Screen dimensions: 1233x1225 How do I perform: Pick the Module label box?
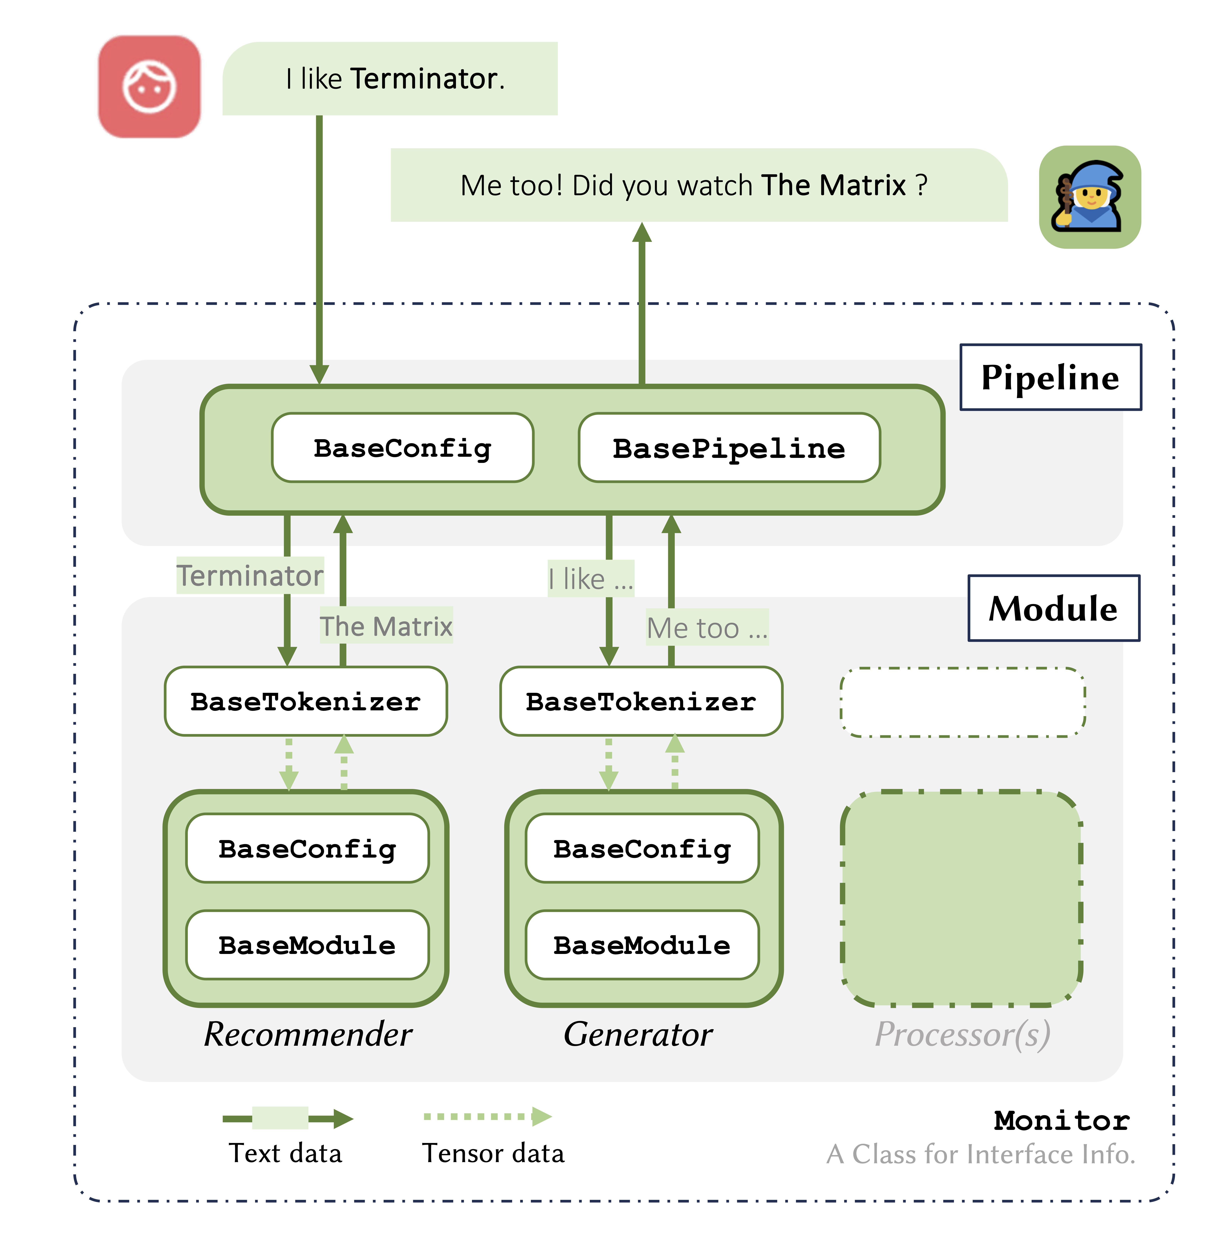coord(1053,608)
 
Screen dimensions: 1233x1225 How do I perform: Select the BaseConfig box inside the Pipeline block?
coord(402,448)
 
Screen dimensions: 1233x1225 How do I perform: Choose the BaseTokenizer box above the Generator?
coord(641,701)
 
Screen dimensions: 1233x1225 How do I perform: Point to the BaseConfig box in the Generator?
coord(642,849)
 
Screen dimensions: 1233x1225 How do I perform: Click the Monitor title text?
coord(1062,1121)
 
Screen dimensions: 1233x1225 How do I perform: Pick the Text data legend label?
coord(285,1153)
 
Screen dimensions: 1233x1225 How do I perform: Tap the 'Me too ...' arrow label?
coord(707,628)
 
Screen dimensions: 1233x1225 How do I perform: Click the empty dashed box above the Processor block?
coord(963,702)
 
